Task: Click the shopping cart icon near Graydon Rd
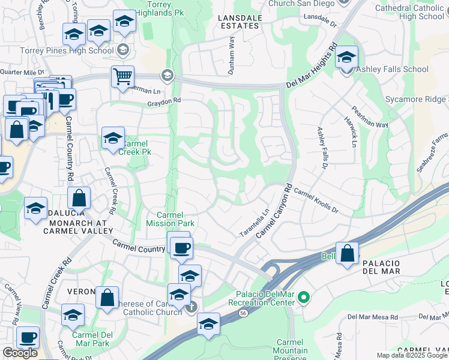[x=122, y=76]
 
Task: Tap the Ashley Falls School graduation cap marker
[x=346, y=58]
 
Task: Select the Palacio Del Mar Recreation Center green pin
[x=304, y=297]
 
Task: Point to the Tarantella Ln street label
[x=255, y=222]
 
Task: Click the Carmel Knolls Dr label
[x=316, y=203]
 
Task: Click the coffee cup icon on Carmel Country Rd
[x=181, y=247]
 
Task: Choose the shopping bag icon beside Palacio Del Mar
[x=347, y=253]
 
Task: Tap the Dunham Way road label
[x=231, y=55]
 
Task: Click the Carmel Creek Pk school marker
[x=112, y=139]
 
